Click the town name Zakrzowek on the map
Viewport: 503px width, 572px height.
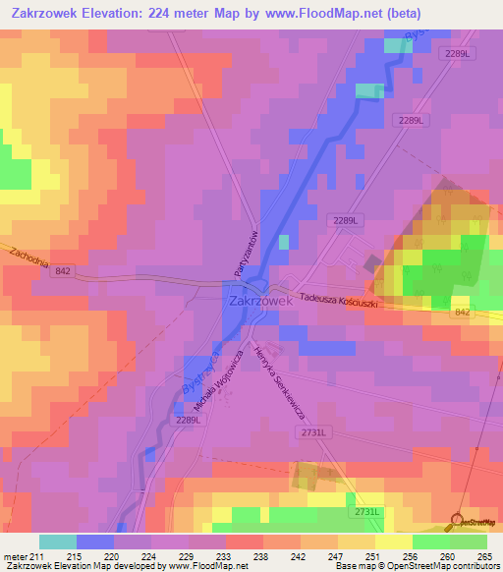260,303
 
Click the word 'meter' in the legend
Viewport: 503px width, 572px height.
16,556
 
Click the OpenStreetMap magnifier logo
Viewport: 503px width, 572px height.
457,520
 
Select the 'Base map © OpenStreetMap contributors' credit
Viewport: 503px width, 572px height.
417,566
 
